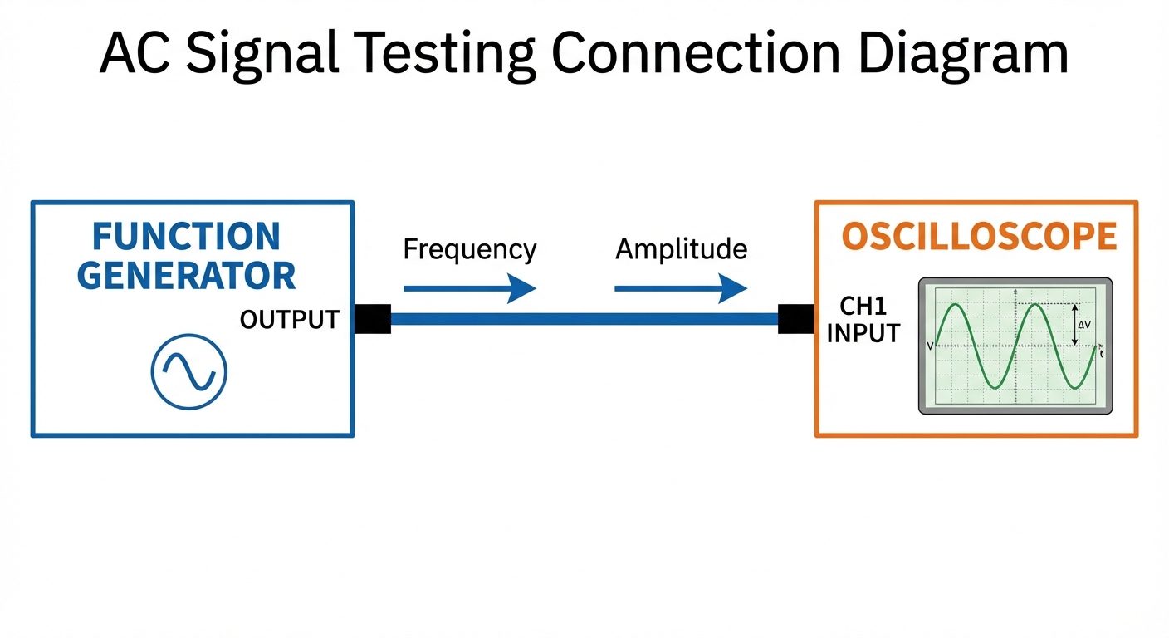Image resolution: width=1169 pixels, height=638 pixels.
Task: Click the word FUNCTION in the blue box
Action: pos(186,237)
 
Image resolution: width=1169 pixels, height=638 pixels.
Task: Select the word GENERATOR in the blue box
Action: pos(186,276)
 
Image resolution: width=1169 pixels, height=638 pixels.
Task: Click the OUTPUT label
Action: pos(289,319)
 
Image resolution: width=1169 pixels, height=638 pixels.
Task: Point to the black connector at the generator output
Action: pos(373,319)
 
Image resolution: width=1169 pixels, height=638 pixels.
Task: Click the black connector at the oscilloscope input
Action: pos(795,319)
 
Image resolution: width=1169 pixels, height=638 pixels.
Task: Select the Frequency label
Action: pos(469,249)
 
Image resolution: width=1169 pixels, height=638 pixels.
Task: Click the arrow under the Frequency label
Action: pos(469,289)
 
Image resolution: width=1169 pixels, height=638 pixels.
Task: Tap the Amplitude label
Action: pos(681,249)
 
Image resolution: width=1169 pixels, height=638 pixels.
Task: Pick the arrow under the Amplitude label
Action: pos(681,289)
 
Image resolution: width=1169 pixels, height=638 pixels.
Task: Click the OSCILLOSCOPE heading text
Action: pos(979,237)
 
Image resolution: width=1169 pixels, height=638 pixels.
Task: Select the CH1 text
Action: pos(863,306)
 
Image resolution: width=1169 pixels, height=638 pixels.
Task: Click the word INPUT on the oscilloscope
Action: pos(863,333)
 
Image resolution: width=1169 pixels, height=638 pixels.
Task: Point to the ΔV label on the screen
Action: pos(1084,325)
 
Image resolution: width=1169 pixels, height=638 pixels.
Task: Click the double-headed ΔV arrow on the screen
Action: pos(1074,325)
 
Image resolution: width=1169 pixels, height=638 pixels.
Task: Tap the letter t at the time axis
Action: pos(1101,354)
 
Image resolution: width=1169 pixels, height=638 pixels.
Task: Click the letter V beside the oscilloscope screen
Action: pos(929,346)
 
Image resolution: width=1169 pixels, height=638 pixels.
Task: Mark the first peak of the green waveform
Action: pos(956,305)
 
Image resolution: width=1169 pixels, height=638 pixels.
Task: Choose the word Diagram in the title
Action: pos(963,54)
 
